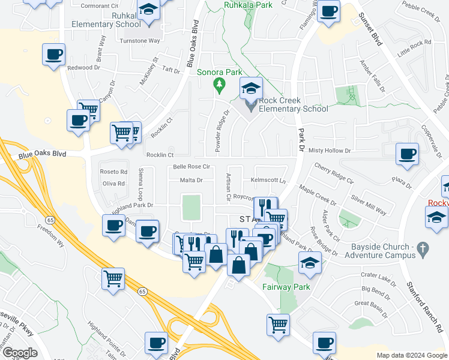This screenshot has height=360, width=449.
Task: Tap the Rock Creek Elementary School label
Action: coord(294,104)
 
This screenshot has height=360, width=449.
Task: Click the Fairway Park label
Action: coord(286,287)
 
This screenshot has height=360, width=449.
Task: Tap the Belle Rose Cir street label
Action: coord(191,167)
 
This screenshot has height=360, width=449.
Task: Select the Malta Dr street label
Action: coord(191,180)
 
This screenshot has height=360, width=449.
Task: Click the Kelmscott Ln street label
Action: coord(267,180)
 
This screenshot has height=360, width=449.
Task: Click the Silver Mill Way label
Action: coord(369,204)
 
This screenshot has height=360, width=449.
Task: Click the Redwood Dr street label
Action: coord(83,68)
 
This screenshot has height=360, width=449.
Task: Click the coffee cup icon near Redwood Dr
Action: coord(53,55)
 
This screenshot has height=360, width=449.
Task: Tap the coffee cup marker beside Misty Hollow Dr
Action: coord(408,154)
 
